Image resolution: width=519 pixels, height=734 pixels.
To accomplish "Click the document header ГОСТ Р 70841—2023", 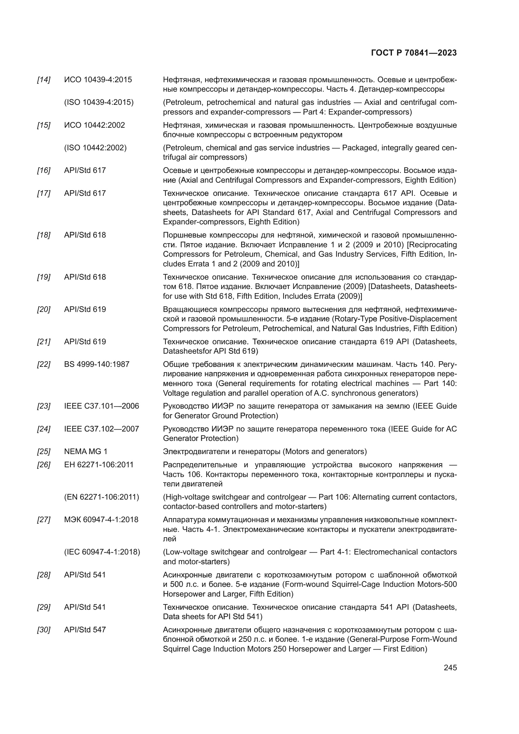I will click(414, 53).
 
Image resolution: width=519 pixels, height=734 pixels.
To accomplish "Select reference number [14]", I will click(44, 80).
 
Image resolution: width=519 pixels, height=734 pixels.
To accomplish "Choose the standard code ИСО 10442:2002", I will click(94, 125).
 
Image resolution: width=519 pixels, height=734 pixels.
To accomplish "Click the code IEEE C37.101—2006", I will click(101, 406).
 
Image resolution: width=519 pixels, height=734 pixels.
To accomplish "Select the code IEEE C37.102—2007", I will click(101, 429).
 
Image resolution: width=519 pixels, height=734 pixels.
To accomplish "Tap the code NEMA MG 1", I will click(86, 451).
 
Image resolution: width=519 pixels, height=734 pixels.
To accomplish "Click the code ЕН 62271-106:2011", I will click(99, 464).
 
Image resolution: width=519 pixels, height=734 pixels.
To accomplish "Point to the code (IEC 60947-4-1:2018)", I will click(102, 552).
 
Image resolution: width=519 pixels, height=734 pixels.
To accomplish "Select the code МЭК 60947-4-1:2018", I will click(101, 519).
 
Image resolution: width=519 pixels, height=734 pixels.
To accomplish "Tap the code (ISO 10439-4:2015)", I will click(99, 102).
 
